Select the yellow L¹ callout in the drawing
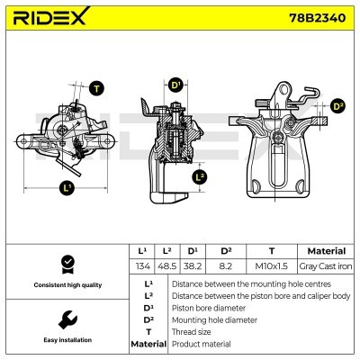pyautogui.click(x=67, y=187)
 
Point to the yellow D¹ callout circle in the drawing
pyautogui.click(x=175, y=85)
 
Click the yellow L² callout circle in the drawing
pyautogui.click(x=200, y=176)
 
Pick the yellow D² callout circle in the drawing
pyautogui.click(x=337, y=105)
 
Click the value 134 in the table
pyautogui.click(x=141, y=266)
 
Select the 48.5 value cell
pyautogui.click(x=166, y=266)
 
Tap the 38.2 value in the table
pyautogui.click(x=193, y=266)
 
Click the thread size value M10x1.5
pyautogui.click(x=271, y=266)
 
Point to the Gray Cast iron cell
pyautogui.click(x=326, y=266)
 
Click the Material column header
pyautogui.click(x=326, y=251)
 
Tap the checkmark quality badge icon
pyautogui.click(x=66, y=263)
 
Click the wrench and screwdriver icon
pyautogui.click(x=66, y=319)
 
